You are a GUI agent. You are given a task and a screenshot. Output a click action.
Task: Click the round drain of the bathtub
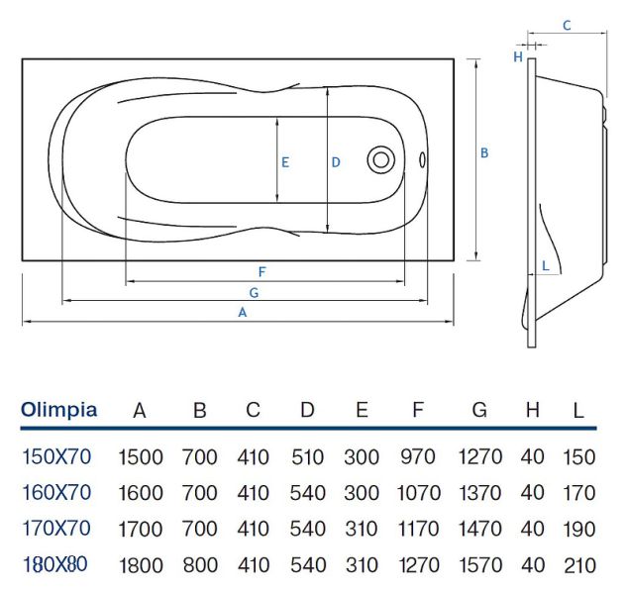(x=380, y=159)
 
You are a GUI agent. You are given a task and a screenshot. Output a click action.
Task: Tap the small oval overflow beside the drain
(x=423, y=159)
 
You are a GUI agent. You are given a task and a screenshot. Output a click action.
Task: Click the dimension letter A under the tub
(x=241, y=312)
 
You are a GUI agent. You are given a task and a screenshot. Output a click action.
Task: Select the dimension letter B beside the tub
(x=484, y=152)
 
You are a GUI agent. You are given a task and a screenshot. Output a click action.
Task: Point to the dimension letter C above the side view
(x=567, y=26)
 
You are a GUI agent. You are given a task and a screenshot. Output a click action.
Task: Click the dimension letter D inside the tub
(x=336, y=161)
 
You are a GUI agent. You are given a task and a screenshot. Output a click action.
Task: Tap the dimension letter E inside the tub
(x=284, y=161)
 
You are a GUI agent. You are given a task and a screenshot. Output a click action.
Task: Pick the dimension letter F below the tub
(x=261, y=271)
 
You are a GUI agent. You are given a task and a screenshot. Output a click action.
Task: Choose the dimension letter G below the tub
(x=254, y=292)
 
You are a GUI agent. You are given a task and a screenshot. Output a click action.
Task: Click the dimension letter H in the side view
(x=517, y=56)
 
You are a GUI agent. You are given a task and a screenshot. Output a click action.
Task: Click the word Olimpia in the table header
(x=59, y=410)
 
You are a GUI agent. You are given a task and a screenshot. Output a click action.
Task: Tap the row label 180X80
(x=55, y=565)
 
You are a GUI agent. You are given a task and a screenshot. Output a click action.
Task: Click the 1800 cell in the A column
(x=141, y=566)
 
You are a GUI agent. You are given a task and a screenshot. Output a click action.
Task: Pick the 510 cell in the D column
(x=308, y=458)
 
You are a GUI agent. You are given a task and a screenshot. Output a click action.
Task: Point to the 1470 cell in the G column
(x=479, y=530)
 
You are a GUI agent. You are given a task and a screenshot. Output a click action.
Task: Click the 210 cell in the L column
(x=578, y=566)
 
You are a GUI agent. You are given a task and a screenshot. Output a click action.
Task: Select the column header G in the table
(x=479, y=411)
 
